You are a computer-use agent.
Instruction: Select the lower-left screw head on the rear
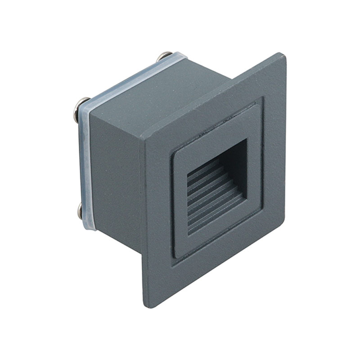[80, 210]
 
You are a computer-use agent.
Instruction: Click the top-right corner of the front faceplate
[283, 56]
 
